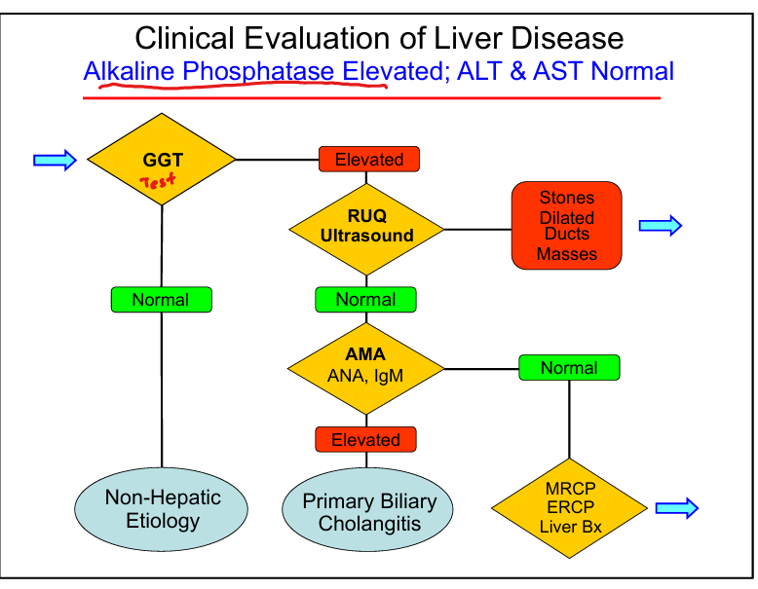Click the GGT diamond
162,159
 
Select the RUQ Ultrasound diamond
366,229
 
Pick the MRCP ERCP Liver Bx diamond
569,507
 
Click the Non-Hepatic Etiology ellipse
162,509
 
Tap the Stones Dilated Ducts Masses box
566,226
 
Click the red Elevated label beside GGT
368,159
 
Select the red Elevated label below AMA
365,440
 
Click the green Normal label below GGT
161,299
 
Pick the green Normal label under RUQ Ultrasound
366,299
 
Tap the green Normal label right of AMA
569,368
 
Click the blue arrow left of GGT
55,160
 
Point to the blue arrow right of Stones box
660,226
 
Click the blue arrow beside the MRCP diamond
677,507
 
